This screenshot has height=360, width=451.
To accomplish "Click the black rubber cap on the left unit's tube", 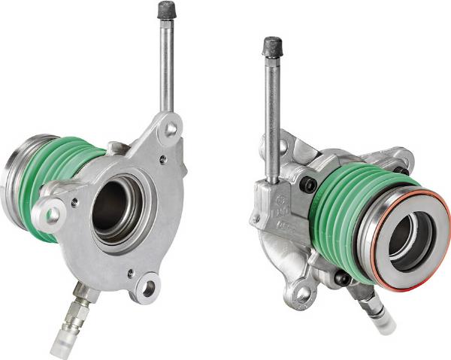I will coord(166,11).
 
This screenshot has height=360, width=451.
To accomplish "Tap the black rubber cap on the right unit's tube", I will coord(271,46).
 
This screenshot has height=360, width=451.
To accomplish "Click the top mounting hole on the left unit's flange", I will coord(171,129).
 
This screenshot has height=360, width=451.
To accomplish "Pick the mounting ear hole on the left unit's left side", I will coord(52,215).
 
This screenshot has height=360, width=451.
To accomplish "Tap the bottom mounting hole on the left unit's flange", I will coord(149,286).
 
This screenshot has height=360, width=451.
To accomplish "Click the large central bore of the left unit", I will coord(114,206).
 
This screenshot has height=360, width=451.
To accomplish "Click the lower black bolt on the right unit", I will coord(343,280).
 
